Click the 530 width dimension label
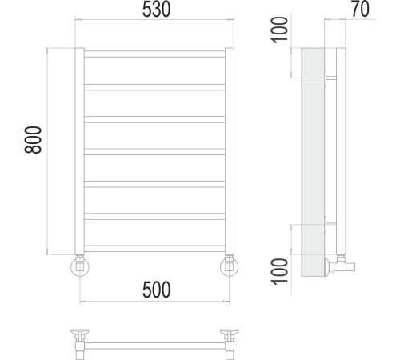156,10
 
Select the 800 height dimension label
33,140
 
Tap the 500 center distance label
156,290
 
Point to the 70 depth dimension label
360,9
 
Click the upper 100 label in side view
279,30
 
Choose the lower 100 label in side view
279,271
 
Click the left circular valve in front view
80,267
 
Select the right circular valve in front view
230,267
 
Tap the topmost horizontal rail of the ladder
154,54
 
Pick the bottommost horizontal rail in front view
154,249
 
